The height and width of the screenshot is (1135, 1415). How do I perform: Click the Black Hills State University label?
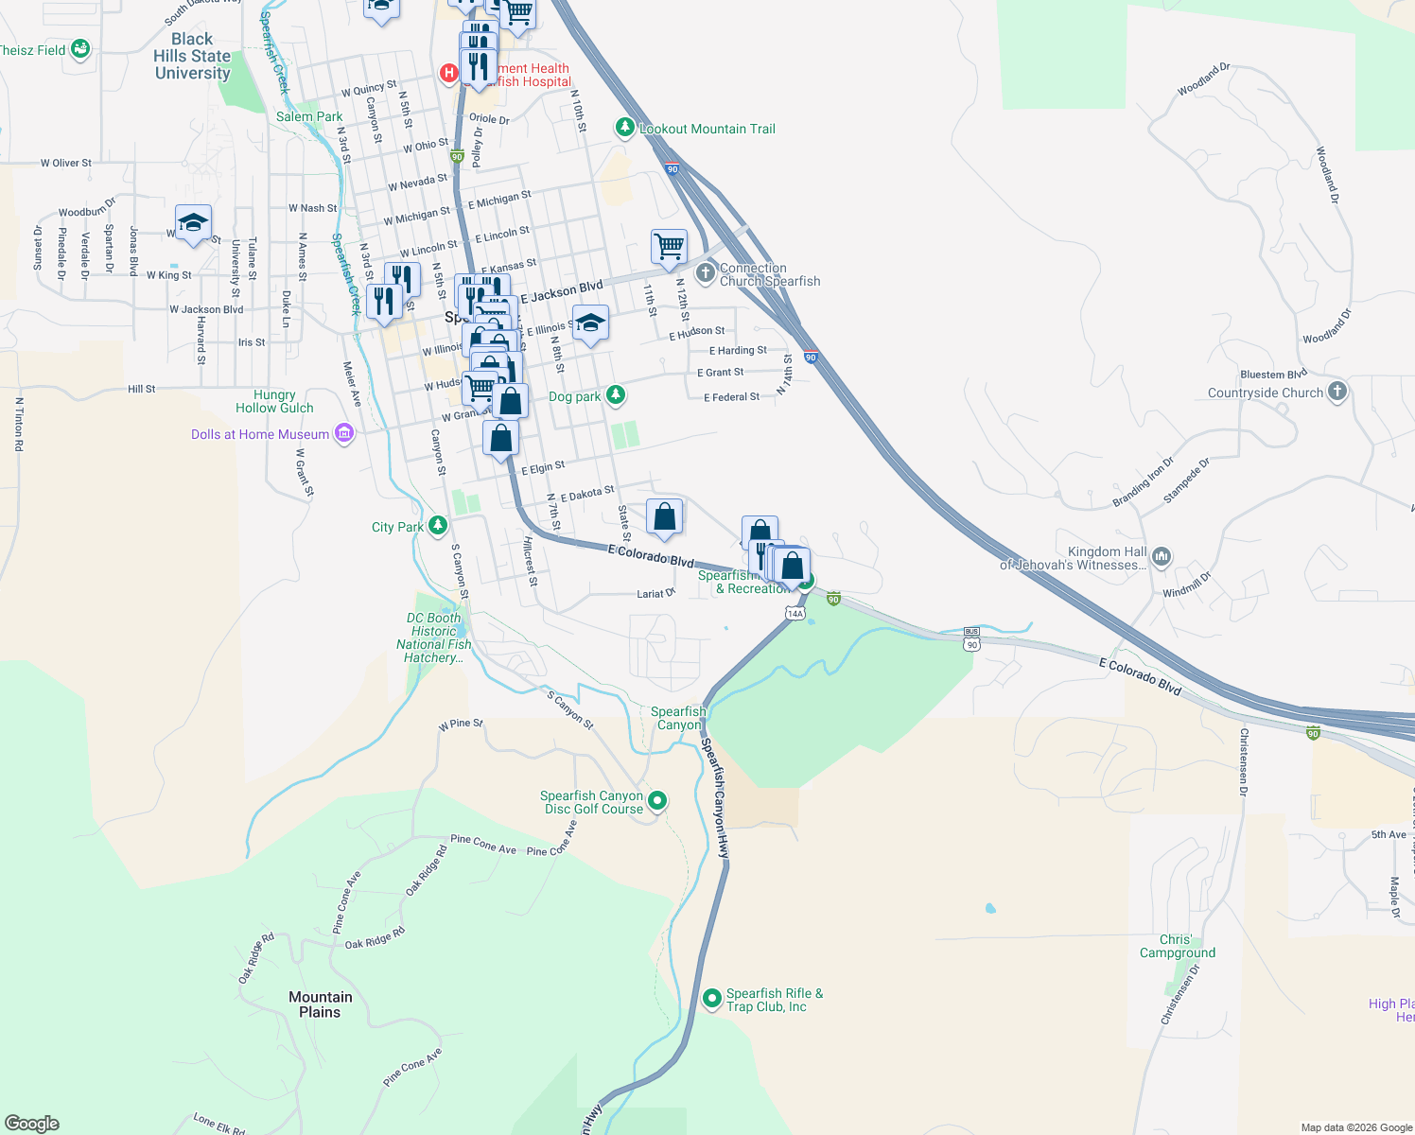tap(192, 56)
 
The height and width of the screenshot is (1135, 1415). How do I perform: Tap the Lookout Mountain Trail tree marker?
tap(624, 128)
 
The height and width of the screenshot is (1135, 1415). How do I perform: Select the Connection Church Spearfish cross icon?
tap(705, 274)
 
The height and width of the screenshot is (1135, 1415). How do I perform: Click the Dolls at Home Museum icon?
tap(344, 434)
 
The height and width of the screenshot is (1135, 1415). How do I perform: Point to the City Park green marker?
tap(437, 526)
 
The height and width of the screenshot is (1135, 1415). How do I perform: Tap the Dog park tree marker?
tap(616, 394)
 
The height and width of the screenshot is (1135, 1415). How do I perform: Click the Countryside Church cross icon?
tap(1336, 392)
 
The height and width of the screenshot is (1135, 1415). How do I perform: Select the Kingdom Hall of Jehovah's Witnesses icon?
tap(1162, 557)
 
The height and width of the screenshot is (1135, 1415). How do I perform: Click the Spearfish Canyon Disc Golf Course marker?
tap(657, 801)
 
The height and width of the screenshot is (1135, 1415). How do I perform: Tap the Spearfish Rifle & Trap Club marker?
tap(712, 999)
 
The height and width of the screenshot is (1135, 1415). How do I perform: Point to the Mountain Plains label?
tap(320, 1004)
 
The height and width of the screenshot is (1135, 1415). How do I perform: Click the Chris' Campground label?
tap(1177, 946)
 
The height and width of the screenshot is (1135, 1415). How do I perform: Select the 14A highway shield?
tap(795, 614)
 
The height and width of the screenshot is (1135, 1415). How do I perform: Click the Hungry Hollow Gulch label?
tap(274, 401)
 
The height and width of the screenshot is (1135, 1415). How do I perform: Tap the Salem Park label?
tap(309, 116)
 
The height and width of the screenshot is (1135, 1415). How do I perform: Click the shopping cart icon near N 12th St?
tap(669, 246)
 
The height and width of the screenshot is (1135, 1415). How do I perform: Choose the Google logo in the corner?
tap(32, 1124)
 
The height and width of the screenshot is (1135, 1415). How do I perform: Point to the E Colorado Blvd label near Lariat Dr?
tap(651, 555)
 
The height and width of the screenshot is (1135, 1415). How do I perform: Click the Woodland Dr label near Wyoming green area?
tap(1203, 79)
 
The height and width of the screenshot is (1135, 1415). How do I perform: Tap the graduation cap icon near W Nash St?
tap(193, 223)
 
